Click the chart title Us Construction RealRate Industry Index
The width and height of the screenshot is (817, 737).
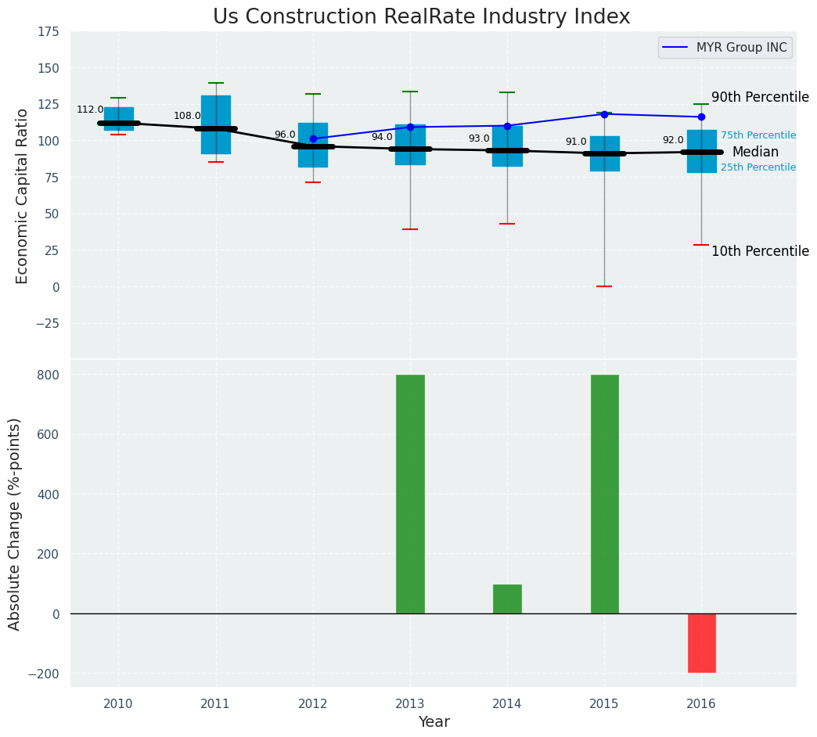pyautogui.click(x=421, y=17)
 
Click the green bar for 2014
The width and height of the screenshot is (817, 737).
pyautogui.click(x=507, y=599)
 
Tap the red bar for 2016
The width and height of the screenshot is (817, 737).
pyautogui.click(x=701, y=642)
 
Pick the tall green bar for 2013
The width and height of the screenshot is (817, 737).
pyautogui.click(x=410, y=494)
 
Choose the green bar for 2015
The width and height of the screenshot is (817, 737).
pyautogui.click(x=604, y=494)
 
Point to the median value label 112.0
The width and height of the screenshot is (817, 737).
pyautogui.click(x=90, y=110)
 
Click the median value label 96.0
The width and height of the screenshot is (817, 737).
pyautogui.click(x=285, y=135)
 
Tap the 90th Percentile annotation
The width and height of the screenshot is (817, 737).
pyautogui.click(x=760, y=98)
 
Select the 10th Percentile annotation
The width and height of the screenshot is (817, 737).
pyautogui.click(x=760, y=251)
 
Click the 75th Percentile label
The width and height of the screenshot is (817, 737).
pyautogui.click(x=758, y=135)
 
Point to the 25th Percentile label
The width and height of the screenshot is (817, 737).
pyautogui.click(x=758, y=167)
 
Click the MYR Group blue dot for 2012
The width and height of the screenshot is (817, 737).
pyautogui.click(x=313, y=138)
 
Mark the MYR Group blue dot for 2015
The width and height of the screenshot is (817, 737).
pyautogui.click(x=604, y=114)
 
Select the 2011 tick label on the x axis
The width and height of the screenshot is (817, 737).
pyautogui.click(x=215, y=703)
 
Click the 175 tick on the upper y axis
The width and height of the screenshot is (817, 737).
pyautogui.click(x=48, y=32)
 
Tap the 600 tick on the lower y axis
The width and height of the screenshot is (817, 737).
pyautogui.click(x=48, y=434)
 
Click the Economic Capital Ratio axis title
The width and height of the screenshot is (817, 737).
pyautogui.click(x=22, y=196)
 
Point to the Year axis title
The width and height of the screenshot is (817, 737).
pyautogui.click(x=434, y=722)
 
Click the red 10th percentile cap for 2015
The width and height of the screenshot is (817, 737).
pyautogui.click(x=604, y=286)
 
